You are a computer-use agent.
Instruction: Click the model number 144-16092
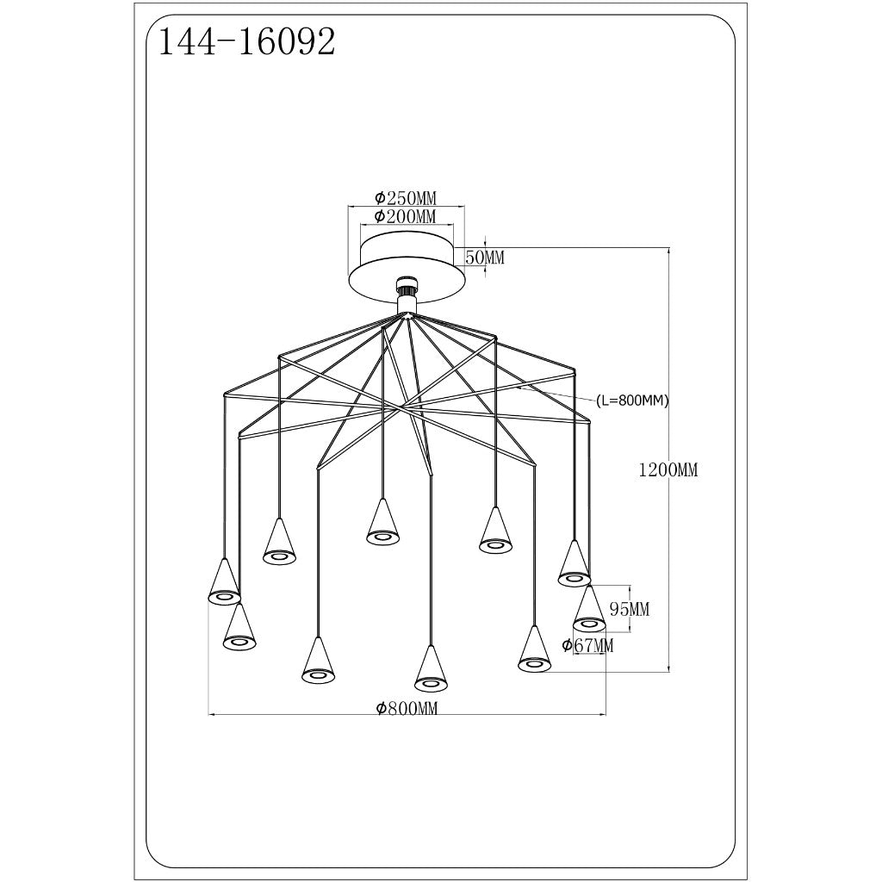click(x=244, y=40)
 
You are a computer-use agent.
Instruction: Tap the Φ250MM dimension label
click(x=405, y=197)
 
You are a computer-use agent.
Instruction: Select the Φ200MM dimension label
click(x=405, y=216)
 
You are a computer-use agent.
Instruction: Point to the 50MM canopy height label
click(x=484, y=257)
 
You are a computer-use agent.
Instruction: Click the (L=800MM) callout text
click(x=632, y=401)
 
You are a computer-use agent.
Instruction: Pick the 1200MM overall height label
click(x=668, y=470)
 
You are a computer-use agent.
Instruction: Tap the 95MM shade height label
click(x=629, y=610)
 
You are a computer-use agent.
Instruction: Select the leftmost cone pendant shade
click(x=223, y=583)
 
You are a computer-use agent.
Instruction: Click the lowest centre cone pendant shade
click(x=431, y=669)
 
